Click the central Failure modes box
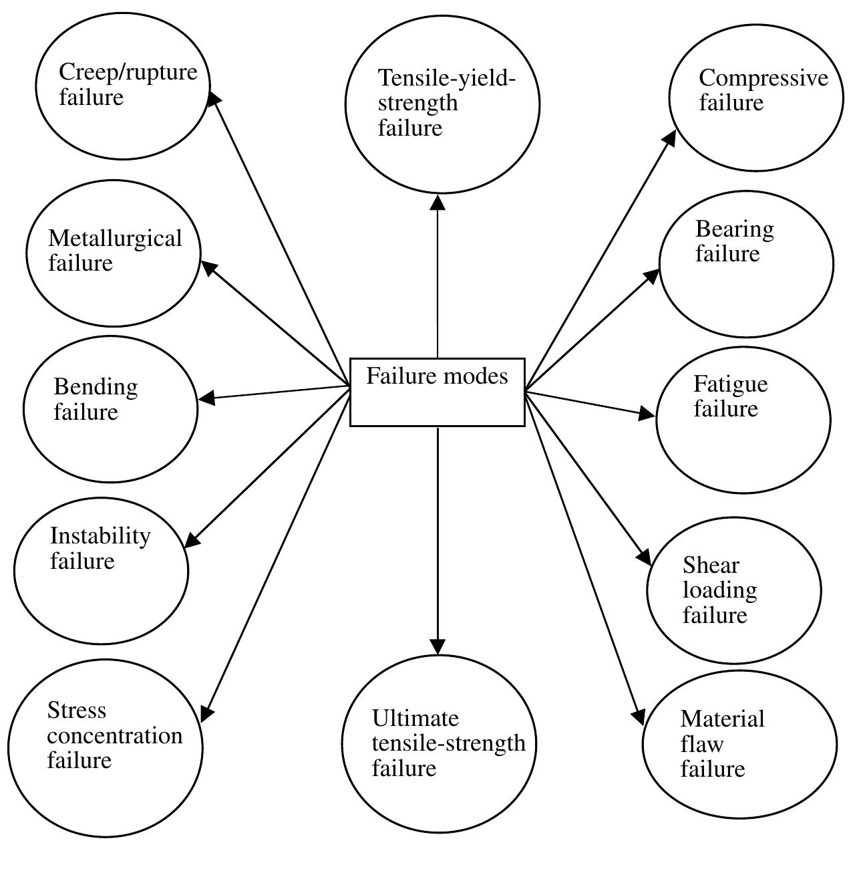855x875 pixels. [438, 392]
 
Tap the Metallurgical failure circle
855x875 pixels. [114, 253]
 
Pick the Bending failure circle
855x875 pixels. [111, 409]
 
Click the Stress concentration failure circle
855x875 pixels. [106, 748]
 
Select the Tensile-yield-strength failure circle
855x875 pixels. [442, 104]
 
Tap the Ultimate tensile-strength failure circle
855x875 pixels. [439, 743]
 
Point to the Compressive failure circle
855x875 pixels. [756, 98]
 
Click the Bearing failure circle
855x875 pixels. [746, 264]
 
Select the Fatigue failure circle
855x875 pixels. [743, 420]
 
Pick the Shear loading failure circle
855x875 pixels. [733, 591]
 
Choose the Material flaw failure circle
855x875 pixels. [739, 744]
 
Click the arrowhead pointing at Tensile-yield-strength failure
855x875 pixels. [438, 202]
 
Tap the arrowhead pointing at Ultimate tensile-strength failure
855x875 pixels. [438, 646]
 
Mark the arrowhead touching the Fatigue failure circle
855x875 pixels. [647, 414]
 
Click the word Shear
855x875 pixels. [711, 566]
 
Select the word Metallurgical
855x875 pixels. [115, 239]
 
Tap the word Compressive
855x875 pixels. [763, 78]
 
